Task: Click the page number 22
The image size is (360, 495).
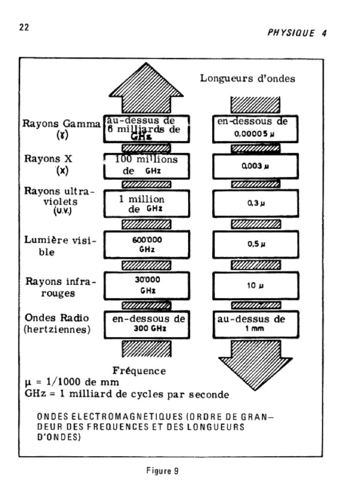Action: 24,28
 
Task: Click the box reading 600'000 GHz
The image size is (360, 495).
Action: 145,244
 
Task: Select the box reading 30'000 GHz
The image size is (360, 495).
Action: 145,285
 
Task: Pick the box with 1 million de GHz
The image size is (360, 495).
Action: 145,204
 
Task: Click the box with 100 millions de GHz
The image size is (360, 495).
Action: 145,166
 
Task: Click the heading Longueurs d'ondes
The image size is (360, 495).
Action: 247,78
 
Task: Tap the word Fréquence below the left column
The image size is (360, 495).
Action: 139,371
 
